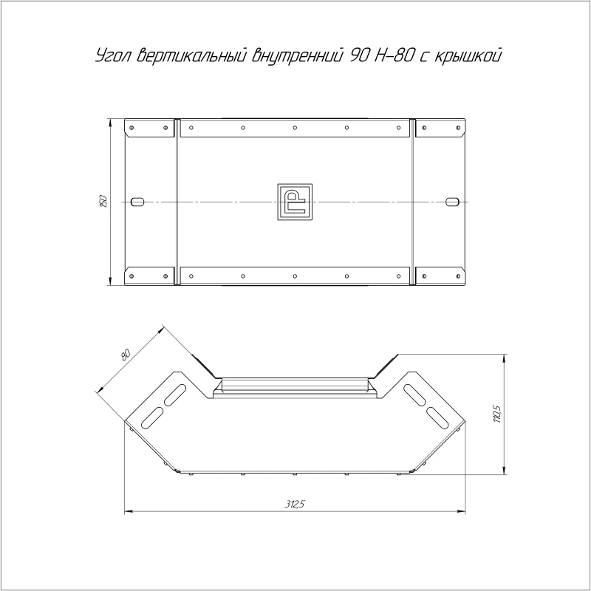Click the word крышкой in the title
[468, 56]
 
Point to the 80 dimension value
[126, 355]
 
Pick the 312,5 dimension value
[294, 504]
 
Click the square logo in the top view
[295, 202]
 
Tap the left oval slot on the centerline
[137, 202]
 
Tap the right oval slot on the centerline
[452, 202]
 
